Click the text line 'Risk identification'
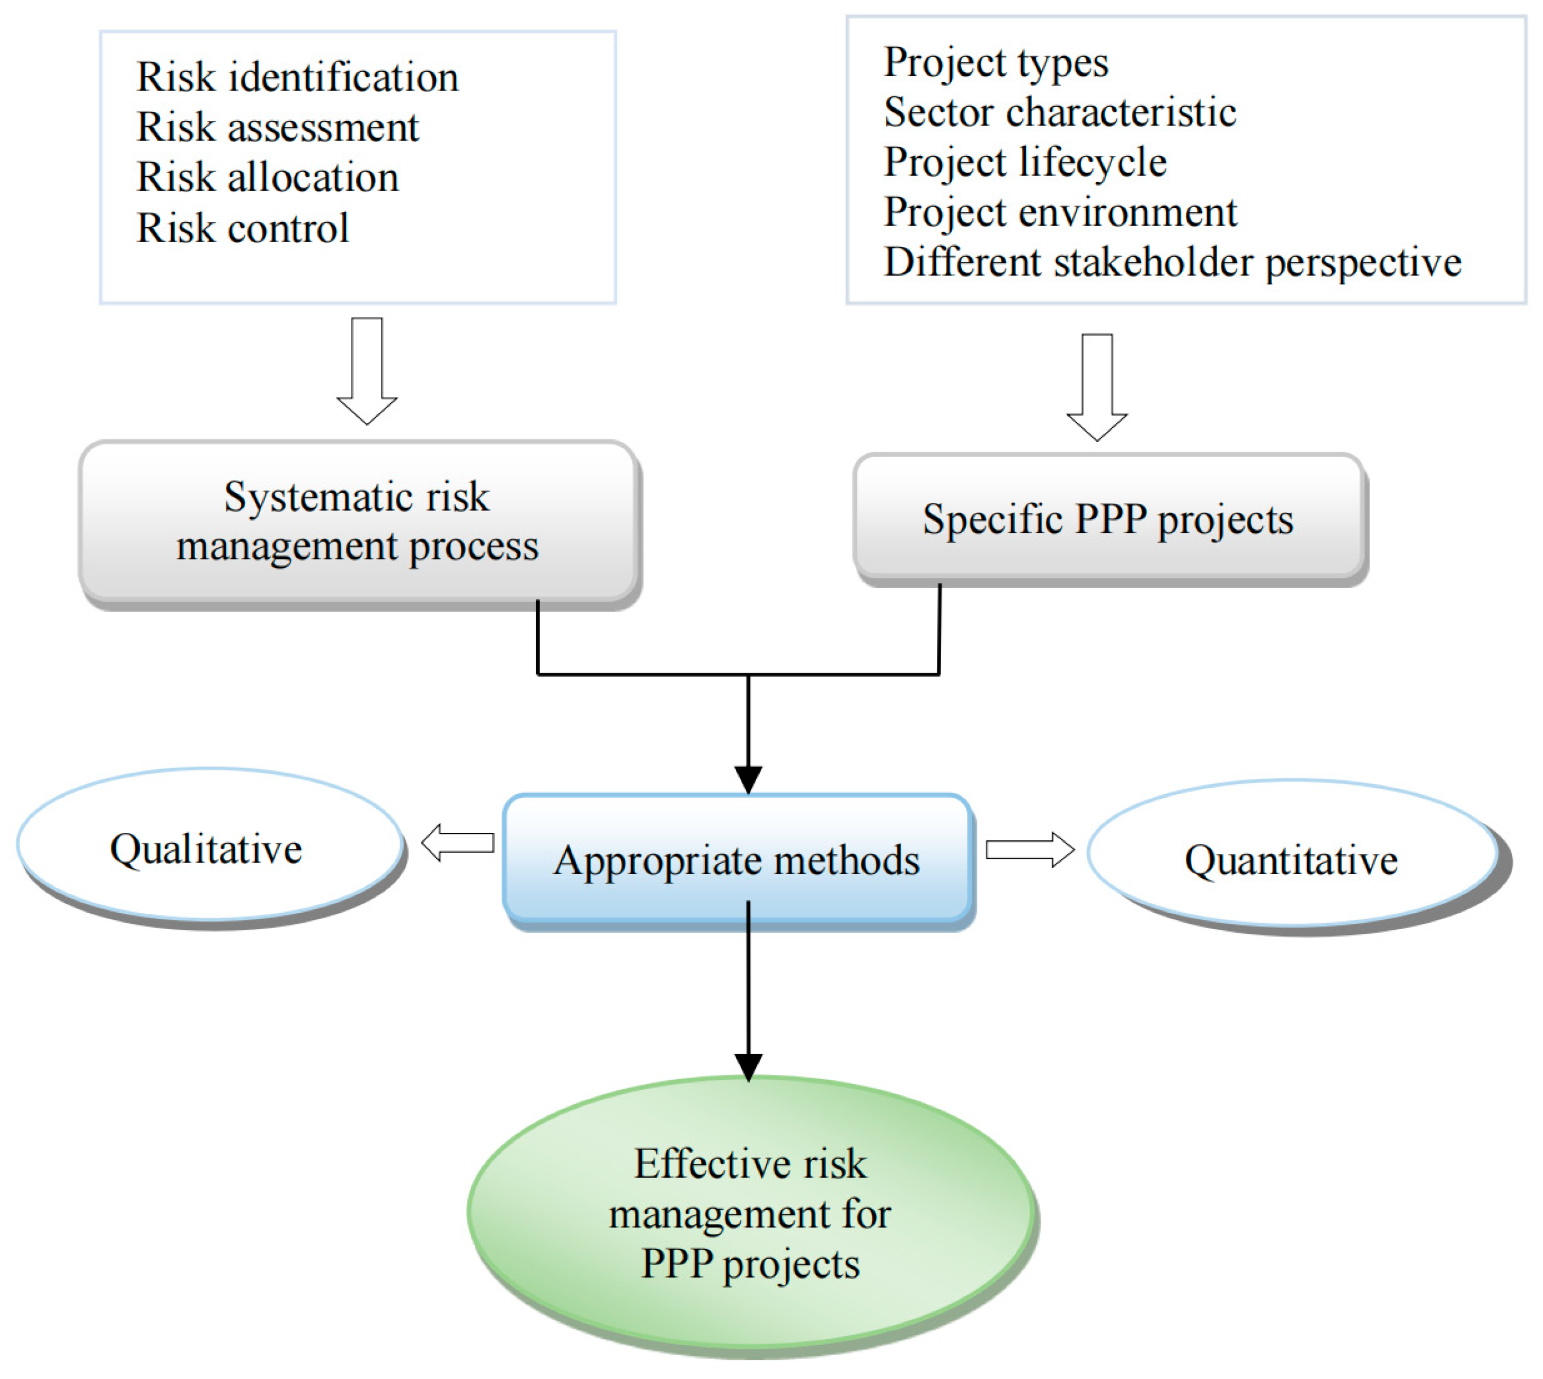click(297, 77)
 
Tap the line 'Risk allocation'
click(268, 178)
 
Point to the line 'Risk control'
click(243, 228)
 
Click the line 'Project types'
click(995, 62)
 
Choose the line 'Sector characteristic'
click(1059, 112)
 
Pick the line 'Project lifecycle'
click(1025, 162)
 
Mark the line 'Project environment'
click(1059, 212)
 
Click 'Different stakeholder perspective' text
click(1172, 263)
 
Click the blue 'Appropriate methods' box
click(737, 860)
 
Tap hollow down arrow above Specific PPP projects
click(1097, 386)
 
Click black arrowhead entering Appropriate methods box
click(749, 778)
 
